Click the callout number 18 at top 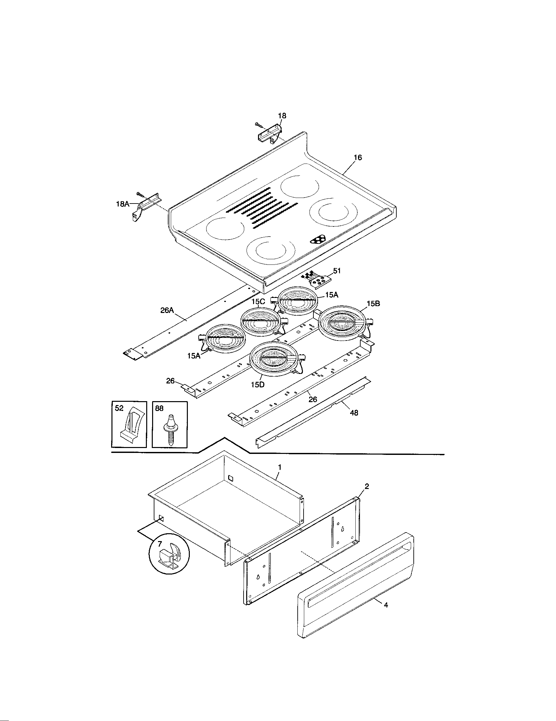pos(282,116)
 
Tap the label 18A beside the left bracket pos(123,204)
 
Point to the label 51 pos(337,271)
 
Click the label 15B pos(373,304)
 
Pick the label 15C pos(258,302)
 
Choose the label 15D pos(258,385)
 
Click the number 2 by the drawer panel pos(367,486)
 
